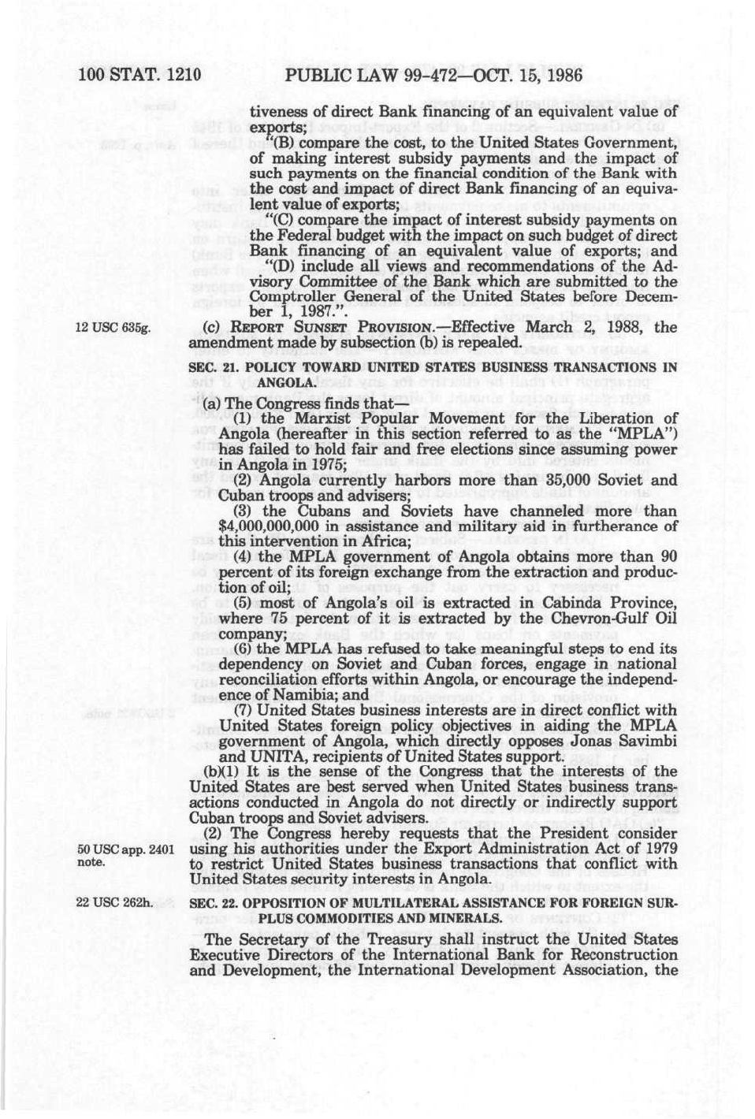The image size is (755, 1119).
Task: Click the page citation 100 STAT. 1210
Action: coord(140,76)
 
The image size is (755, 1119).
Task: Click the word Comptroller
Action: coord(289,297)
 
